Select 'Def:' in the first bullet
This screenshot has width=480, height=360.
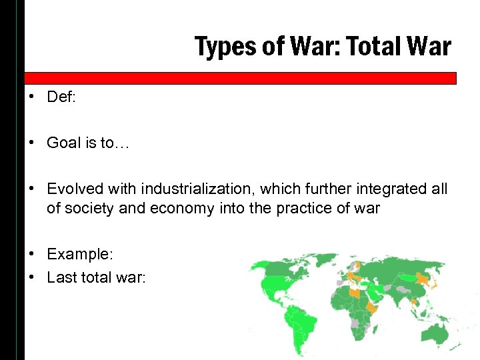(61, 97)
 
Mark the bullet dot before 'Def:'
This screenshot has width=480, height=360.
(32, 97)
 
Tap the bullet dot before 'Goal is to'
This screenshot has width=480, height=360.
(32, 143)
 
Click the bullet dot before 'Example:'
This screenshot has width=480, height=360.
(32, 254)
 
